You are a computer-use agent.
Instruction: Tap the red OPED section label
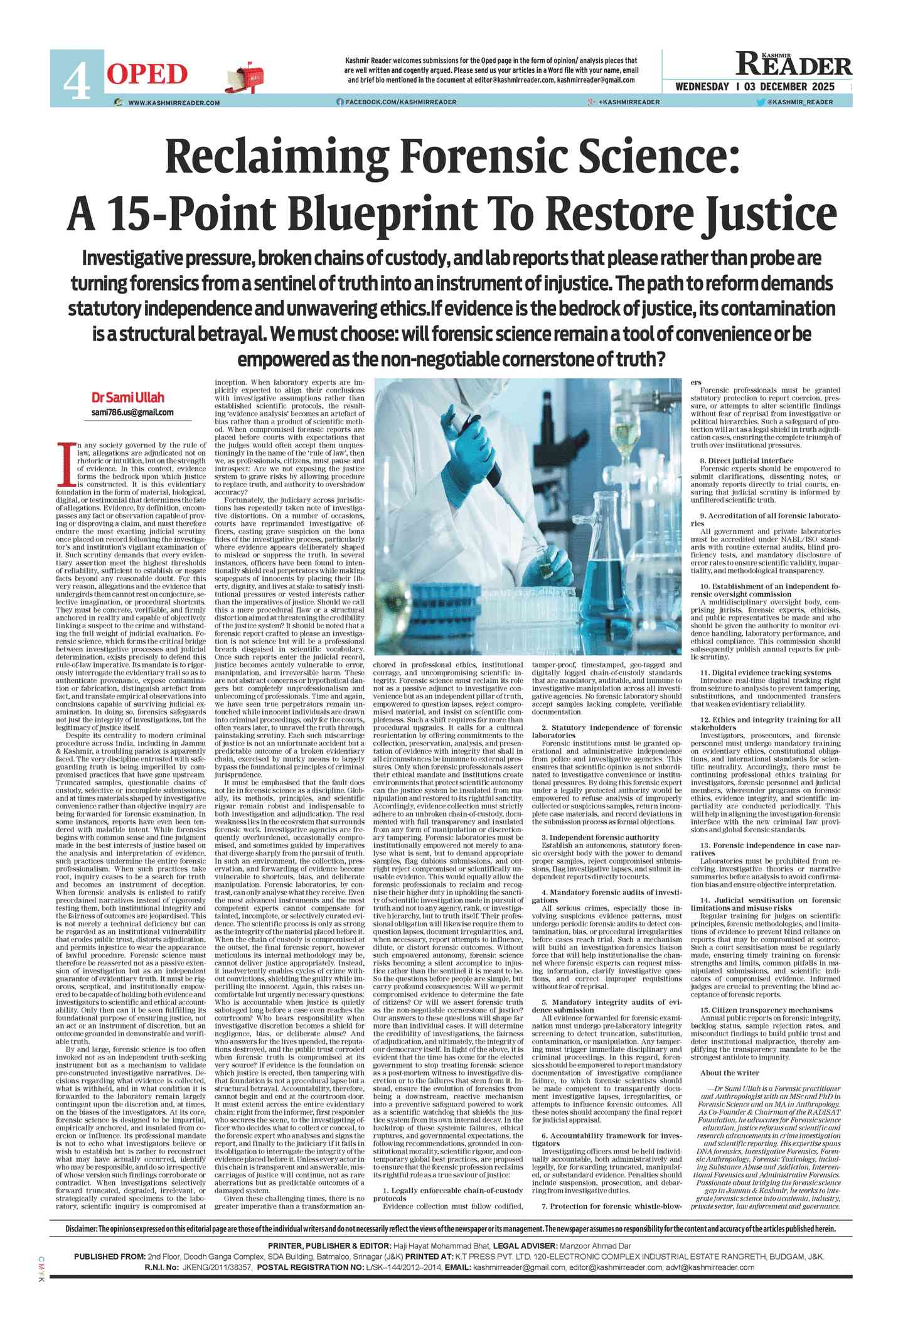(147, 75)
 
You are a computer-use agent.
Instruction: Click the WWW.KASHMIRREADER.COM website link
(174, 102)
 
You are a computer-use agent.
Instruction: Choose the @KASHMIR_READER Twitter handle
(800, 102)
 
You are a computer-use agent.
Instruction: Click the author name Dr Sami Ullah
(127, 397)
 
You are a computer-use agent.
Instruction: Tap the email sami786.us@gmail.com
(132, 412)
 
